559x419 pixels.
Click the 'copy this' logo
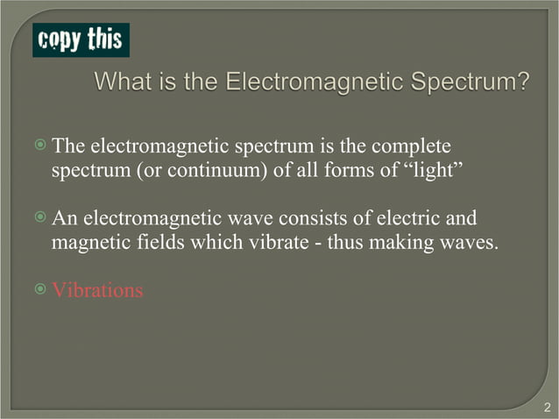(81, 40)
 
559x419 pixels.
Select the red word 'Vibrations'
(97, 289)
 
